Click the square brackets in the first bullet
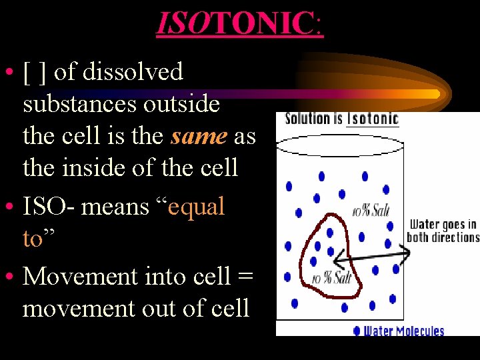click(35, 72)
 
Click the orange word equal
click(197, 207)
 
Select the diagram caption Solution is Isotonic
click(341, 119)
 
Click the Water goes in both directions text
click(443, 231)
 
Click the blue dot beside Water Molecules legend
click(357, 330)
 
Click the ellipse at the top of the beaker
click(340, 145)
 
